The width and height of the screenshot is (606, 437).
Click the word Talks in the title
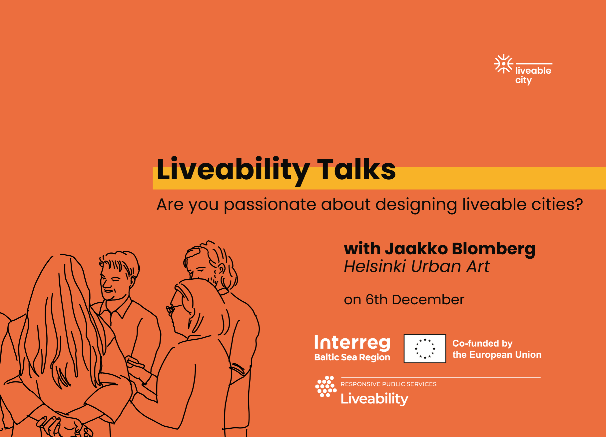(x=356, y=169)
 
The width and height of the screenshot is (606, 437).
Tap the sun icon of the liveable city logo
(x=503, y=64)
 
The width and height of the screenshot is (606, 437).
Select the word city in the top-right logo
(x=523, y=80)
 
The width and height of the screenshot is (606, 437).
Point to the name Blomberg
(x=494, y=249)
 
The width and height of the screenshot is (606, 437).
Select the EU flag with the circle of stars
(x=425, y=349)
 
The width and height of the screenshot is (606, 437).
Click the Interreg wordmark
(x=352, y=343)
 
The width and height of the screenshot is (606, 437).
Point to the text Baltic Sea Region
(x=352, y=357)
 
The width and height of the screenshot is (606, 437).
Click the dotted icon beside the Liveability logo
(x=326, y=387)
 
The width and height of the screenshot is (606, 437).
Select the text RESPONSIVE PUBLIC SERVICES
(x=388, y=384)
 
